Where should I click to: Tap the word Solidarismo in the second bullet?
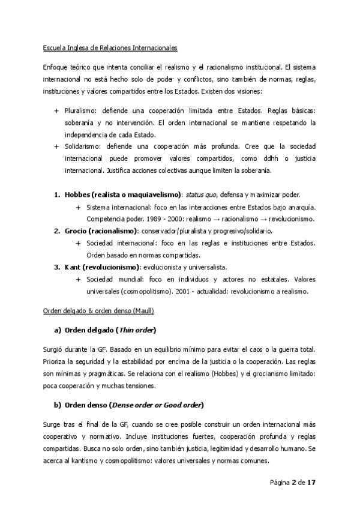(83, 146)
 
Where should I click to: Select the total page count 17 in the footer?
(311, 483)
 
